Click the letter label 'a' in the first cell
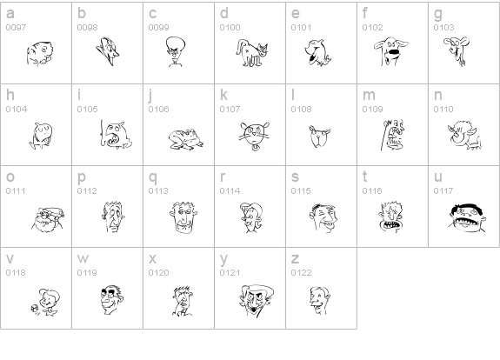10,13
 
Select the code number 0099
158,28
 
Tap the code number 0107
230,110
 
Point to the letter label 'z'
295,259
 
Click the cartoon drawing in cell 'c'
175,51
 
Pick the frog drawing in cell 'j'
186,139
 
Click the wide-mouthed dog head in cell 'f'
390,51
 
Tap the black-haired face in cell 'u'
467,217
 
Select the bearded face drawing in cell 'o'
48,219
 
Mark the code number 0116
372,191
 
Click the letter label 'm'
369,96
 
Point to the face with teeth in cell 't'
391,217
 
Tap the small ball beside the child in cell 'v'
35,309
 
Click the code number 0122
301,273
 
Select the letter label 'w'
83,259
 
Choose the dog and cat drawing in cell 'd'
252,53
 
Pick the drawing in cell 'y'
257,301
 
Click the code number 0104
17,110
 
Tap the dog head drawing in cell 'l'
319,137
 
